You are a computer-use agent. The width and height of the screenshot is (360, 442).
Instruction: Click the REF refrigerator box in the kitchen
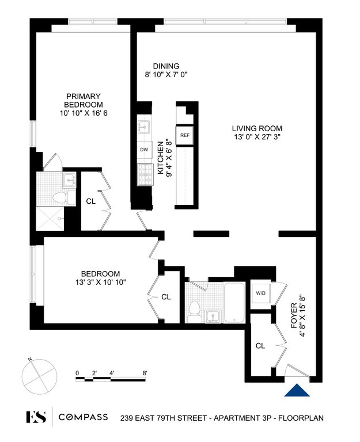[x=185, y=136]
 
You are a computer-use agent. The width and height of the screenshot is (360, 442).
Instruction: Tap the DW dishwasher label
[x=144, y=149]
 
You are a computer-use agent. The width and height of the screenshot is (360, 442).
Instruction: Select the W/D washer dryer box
[x=261, y=294]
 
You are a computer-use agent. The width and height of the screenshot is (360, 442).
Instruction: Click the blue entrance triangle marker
[x=297, y=390]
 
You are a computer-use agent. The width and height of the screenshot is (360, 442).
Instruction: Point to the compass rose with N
[x=39, y=377]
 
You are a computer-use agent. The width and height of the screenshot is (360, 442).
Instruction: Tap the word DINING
[x=166, y=66]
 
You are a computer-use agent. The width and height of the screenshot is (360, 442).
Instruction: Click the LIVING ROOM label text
[x=257, y=129]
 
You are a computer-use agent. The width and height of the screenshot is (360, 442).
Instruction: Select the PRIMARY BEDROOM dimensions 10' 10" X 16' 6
[x=83, y=113]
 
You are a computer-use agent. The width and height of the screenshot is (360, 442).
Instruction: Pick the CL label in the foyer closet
[x=260, y=346]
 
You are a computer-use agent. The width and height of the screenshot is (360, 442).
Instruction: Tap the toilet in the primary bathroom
[x=59, y=198]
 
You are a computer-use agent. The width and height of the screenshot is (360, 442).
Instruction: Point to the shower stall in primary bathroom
[x=50, y=218]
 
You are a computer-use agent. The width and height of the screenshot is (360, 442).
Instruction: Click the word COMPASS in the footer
[x=83, y=417]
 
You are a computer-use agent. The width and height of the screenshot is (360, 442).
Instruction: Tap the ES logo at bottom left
[x=36, y=417]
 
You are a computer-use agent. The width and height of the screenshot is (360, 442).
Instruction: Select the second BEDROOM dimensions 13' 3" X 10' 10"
[x=100, y=282]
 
